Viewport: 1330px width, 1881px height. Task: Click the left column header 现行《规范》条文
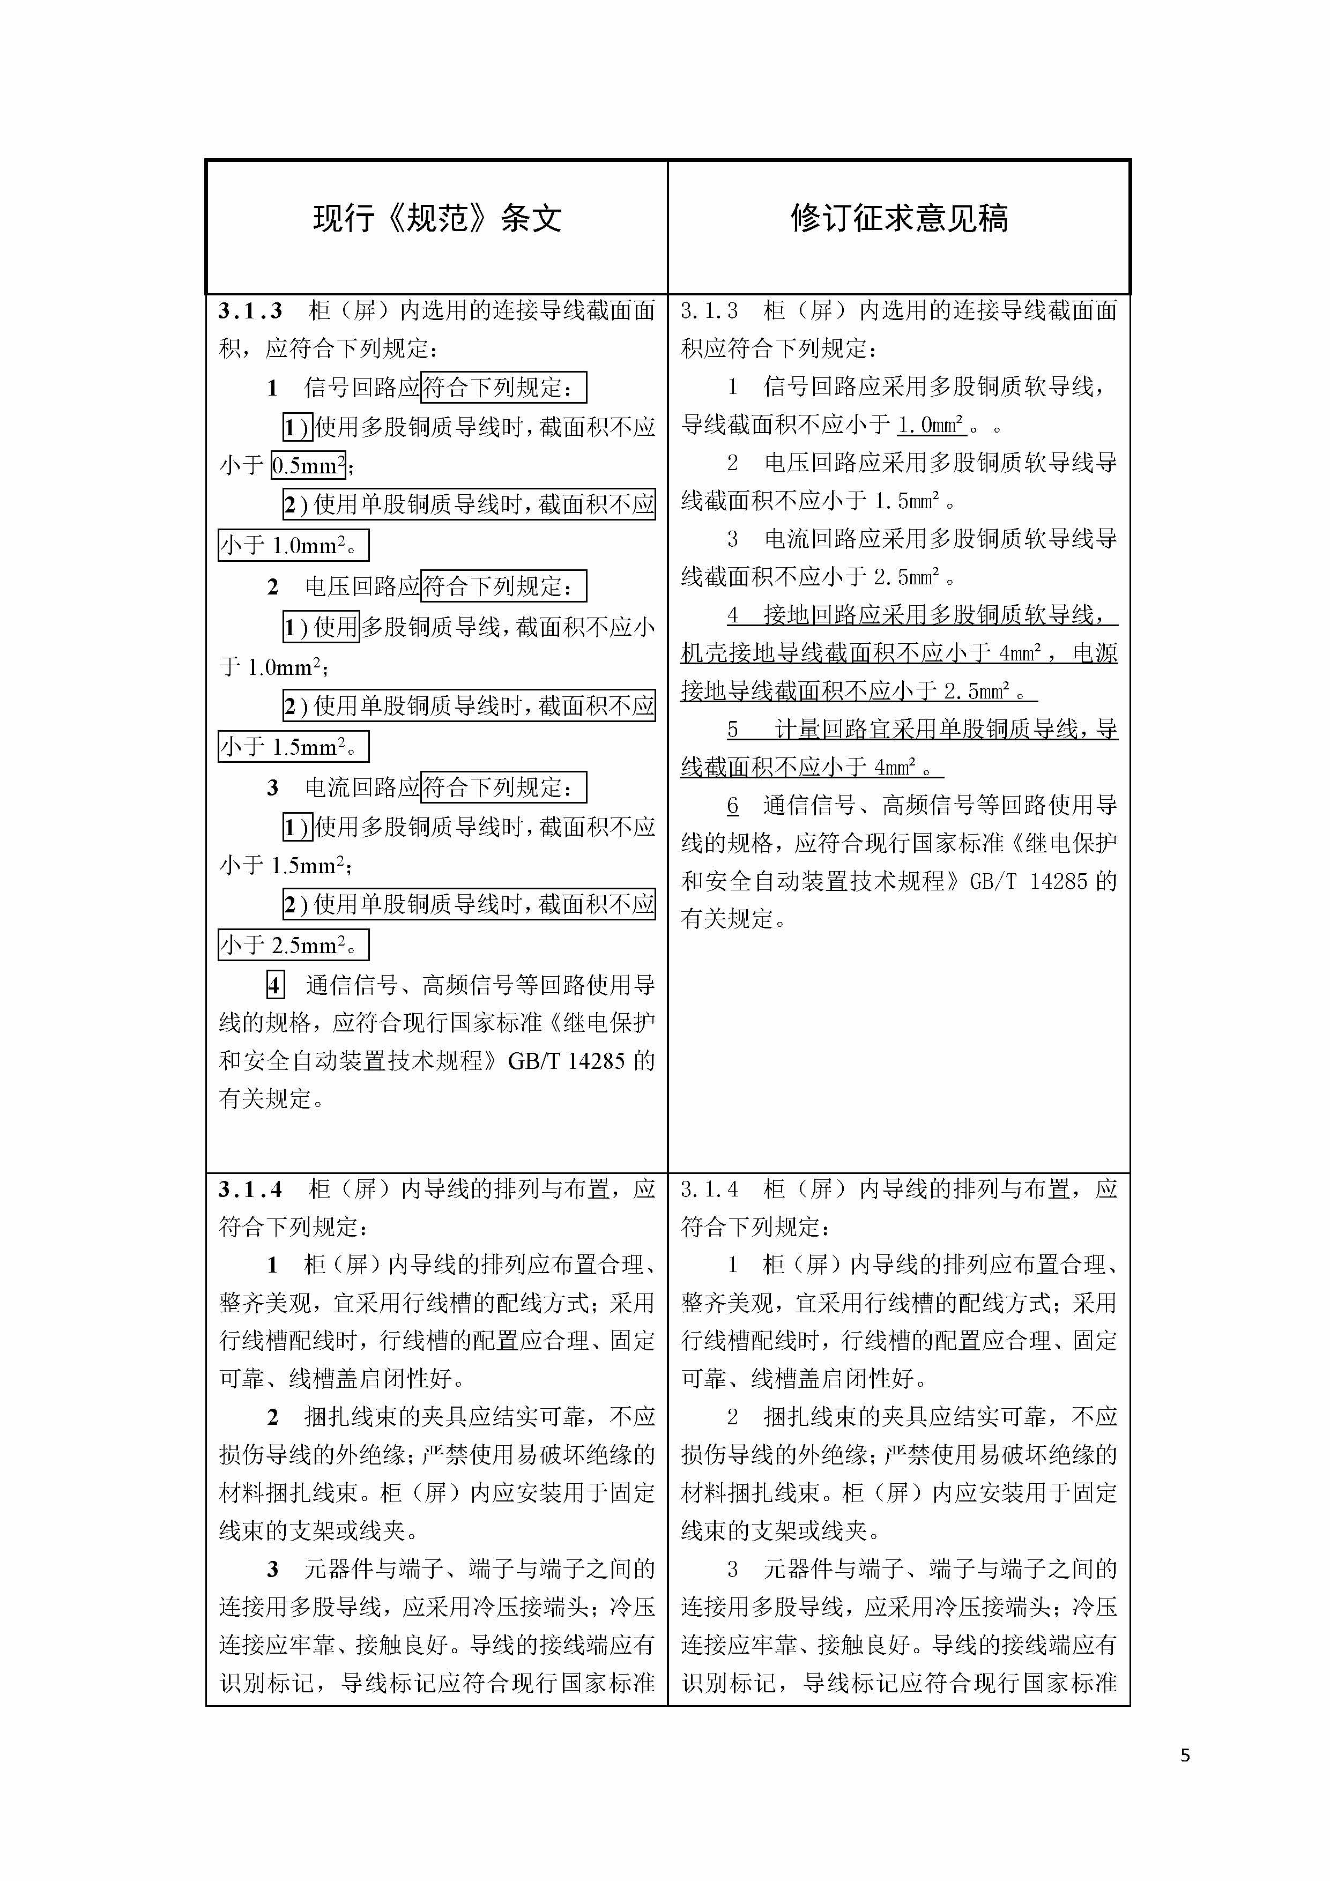[x=437, y=219]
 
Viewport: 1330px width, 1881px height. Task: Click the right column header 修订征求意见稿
[x=899, y=219]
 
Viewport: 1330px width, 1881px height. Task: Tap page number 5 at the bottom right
[x=1185, y=1756]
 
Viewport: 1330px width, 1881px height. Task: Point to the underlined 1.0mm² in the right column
[x=931, y=425]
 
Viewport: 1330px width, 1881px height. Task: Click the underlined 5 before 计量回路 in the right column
[x=733, y=729]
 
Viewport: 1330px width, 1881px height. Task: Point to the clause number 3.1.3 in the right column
[x=709, y=311]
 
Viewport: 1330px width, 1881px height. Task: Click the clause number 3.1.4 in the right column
[x=709, y=1189]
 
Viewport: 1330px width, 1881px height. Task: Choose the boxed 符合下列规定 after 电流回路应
[x=503, y=788]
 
